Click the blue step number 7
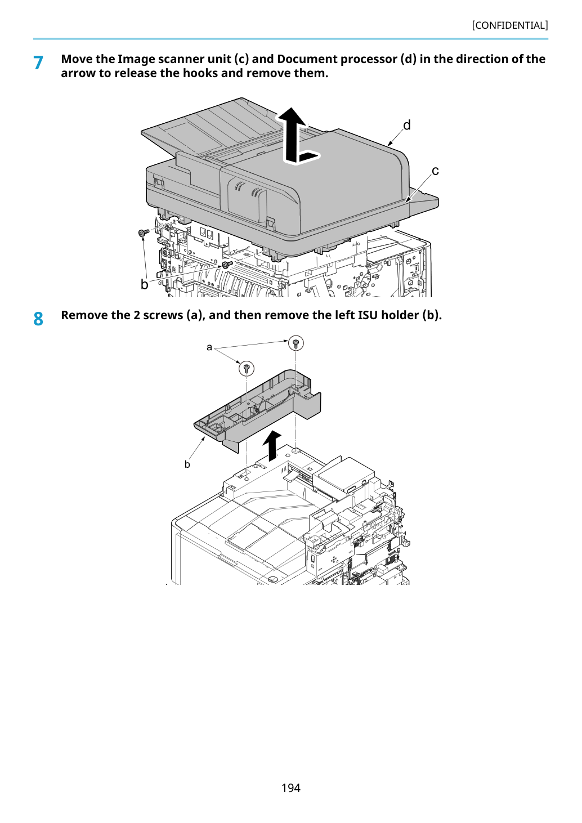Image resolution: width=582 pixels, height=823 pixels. click(38, 63)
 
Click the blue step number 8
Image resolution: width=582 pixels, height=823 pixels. click(38, 319)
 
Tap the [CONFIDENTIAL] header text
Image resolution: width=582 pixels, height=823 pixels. click(510, 25)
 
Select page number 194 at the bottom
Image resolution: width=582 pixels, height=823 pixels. click(291, 788)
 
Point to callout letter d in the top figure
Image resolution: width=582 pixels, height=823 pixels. click(407, 126)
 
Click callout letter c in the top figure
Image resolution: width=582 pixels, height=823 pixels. click(435, 171)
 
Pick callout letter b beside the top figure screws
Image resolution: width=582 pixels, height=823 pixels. click(145, 284)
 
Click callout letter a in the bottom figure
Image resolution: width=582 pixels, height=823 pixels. click(209, 347)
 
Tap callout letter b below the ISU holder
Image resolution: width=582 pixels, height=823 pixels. click(187, 464)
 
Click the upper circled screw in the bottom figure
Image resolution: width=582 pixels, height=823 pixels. click(296, 343)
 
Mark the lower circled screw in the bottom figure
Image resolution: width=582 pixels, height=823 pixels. click(247, 368)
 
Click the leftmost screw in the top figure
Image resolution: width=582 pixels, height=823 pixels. click(144, 232)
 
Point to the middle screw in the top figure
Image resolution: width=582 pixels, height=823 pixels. click(227, 265)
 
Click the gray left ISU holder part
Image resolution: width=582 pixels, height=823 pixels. click(257, 408)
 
